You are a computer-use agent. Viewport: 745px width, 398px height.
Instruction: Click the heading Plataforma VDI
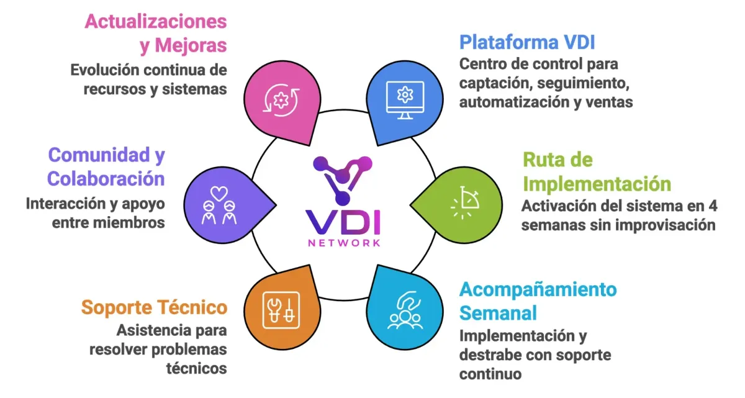(x=527, y=42)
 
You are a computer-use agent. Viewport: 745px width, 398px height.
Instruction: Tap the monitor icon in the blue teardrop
(x=405, y=100)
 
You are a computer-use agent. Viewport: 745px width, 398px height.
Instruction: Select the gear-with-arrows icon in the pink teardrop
(x=281, y=100)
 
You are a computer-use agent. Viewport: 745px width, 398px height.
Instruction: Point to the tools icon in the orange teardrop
(x=281, y=310)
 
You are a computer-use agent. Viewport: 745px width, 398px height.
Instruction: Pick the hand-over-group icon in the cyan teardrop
(x=405, y=310)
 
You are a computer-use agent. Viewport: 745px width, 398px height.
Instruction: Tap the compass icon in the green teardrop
(x=464, y=202)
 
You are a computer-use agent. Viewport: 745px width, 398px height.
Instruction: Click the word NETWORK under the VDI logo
(x=344, y=243)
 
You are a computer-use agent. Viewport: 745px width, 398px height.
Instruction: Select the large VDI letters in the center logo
(x=343, y=222)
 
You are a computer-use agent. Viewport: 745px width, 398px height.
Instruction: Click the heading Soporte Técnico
(x=155, y=307)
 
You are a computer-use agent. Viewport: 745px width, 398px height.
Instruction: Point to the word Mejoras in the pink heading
(x=191, y=45)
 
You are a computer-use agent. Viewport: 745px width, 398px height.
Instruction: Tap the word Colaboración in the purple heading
(x=106, y=179)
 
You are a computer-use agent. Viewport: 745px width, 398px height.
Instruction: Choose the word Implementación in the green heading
(x=597, y=184)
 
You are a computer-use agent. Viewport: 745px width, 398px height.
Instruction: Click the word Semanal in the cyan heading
(x=498, y=313)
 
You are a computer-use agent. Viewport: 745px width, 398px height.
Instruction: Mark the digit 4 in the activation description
(x=713, y=206)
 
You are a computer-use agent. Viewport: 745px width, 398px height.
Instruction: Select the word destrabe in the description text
(x=485, y=355)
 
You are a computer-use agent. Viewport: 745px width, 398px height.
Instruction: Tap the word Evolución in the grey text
(x=105, y=70)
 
